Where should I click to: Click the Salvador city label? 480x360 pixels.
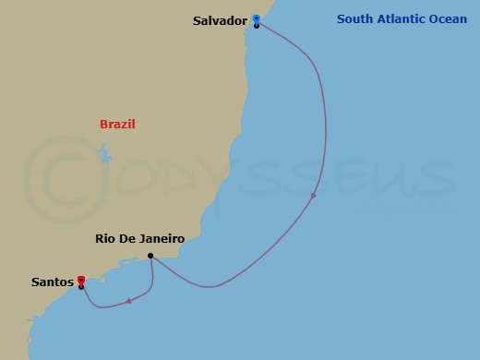pos(221,20)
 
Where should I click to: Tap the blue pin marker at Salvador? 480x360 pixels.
pos(256,18)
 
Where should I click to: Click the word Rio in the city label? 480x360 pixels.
pos(106,238)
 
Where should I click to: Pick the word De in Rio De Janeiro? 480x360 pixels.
pos(127,238)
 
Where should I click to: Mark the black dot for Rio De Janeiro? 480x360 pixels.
pos(150,257)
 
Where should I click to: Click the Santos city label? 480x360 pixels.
pos(53,282)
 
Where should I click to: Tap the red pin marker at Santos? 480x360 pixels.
pos(81,280)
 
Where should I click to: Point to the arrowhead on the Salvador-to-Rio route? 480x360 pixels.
pos(315,196)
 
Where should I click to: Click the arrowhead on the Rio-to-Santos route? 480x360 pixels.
pos(130,300)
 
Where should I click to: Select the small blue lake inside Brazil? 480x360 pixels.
pos(106,153)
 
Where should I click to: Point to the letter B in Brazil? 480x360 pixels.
pos(102,124)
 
